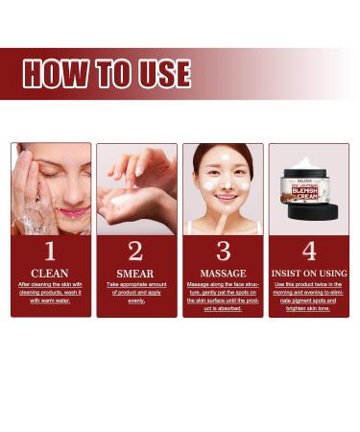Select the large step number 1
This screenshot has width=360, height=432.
pos(50,252)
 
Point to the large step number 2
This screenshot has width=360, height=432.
pos(135,252)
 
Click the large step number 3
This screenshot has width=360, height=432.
pos(223,252)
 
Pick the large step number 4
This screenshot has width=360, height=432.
pos(308,252)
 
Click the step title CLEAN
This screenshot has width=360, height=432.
pos(50,273)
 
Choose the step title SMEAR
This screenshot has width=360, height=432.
pos(135,274)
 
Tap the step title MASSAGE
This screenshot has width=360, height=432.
pos(223,274)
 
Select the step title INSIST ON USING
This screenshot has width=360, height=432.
pos(308,274)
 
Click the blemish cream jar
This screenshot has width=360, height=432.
pos(306,183)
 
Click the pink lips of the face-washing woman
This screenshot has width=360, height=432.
pos(74,211)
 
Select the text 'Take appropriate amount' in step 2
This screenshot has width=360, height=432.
pos(135,286)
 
